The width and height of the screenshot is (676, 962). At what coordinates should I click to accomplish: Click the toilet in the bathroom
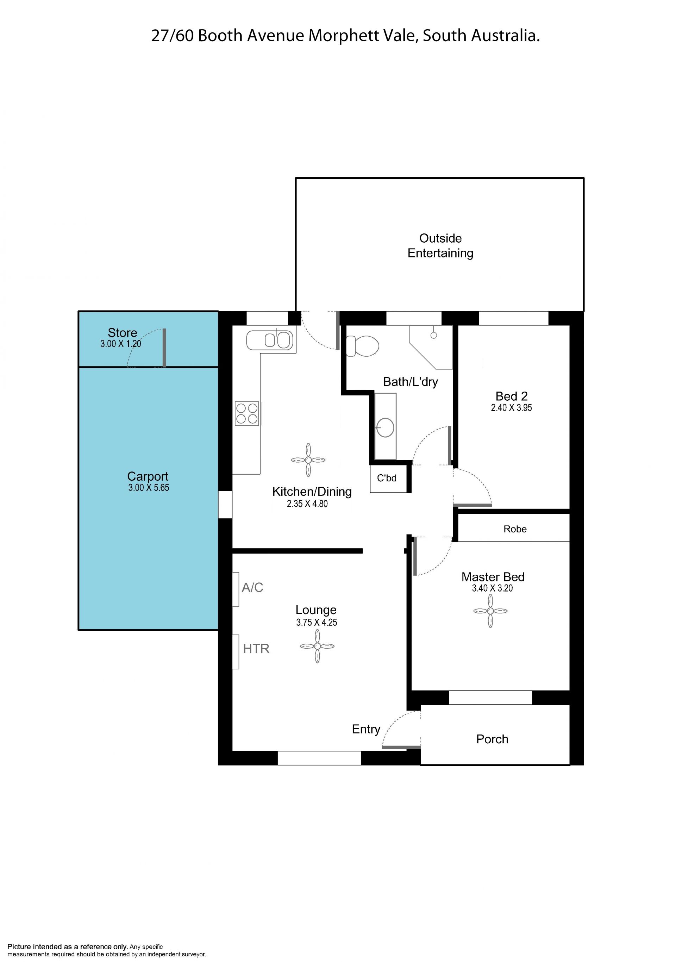[x=362, y=346]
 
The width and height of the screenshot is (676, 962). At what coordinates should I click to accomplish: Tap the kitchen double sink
[x=270, y=340]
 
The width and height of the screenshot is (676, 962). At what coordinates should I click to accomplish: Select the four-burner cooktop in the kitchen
[x=247, y=413]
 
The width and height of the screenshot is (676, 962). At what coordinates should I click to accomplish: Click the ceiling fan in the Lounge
[x=317, y=646]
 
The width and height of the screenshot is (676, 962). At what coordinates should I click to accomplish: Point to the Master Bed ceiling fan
[x=490, y=611]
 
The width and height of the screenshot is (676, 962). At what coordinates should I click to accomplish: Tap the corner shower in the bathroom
[x=431, y=347]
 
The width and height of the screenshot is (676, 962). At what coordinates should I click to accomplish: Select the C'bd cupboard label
[x=387, y=478]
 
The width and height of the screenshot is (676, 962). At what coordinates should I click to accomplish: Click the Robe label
[x=515, y=529]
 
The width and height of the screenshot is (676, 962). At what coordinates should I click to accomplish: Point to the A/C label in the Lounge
[x=252, y=587]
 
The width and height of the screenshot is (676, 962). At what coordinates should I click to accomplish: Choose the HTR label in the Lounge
[x=256, y=649]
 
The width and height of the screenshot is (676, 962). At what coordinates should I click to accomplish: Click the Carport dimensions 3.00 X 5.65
[x=149, y=487]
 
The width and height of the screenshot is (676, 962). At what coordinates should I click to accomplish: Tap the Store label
[x=122, y=332]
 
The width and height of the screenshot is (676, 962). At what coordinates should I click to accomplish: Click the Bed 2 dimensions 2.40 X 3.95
[x=511, y=407]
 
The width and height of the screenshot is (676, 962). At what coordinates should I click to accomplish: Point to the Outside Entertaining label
[x=440, y=245]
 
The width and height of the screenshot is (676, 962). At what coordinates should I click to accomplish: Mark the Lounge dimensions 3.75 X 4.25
[x=317, y=622]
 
